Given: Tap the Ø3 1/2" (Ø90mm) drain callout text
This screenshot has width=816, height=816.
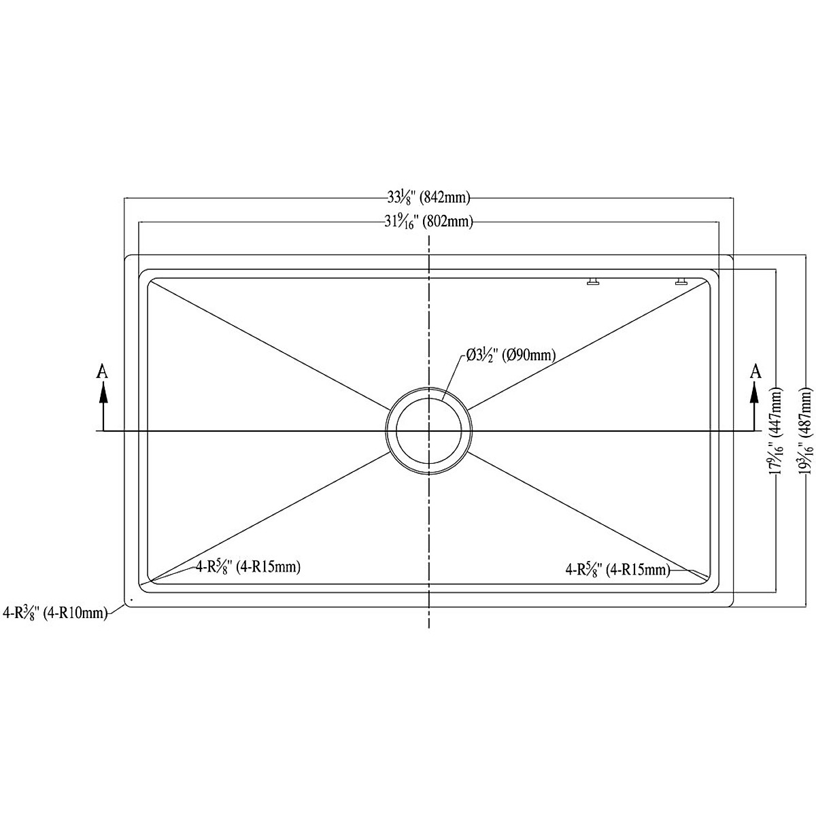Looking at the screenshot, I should click(511, 354).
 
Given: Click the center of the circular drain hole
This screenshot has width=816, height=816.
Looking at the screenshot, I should click(428, 431).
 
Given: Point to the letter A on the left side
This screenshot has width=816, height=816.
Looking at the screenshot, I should click(102, 371).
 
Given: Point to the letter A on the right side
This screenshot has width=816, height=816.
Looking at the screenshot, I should click(755, 371).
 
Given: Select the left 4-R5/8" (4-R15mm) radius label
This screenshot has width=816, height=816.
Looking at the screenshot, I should click(248, 566).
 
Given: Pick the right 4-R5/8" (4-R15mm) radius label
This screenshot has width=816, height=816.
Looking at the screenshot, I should click(617, 570).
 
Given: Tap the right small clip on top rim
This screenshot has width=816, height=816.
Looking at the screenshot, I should click(681, 281).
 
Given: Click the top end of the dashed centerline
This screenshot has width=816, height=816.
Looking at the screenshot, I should click(428, 238).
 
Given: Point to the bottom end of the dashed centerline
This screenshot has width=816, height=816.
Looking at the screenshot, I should click(428, 626).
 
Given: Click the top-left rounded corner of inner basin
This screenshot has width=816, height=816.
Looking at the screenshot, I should click(151, 281).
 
